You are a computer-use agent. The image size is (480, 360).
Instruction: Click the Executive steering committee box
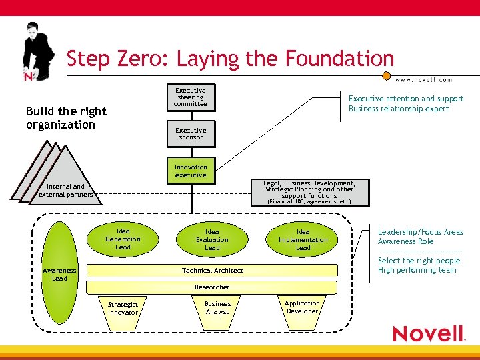click(191, 97)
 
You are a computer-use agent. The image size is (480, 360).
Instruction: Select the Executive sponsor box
click(191, 134)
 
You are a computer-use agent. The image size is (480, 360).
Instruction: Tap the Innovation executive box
click(191, 171)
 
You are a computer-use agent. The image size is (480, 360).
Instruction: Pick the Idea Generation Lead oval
click(123, 239)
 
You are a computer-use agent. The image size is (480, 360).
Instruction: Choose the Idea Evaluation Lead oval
click(212, 239)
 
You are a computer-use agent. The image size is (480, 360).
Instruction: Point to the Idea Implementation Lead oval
click(303, 239)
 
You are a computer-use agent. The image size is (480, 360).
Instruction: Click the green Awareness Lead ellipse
click(59, 273)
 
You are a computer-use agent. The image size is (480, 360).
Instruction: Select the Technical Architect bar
click(213, 271)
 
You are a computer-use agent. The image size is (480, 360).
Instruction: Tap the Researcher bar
click(212, 287)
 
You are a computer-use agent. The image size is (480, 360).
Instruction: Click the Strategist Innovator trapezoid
click(123, 309)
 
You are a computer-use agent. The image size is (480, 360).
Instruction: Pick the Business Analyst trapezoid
click(217, 308)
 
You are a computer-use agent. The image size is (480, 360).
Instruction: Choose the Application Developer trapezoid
click(303, 307)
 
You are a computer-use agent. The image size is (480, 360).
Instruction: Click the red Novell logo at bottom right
click(429, 333)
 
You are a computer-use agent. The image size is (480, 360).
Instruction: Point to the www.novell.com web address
click(424, 79)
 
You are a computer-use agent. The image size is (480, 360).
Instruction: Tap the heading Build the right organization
click(65, 118)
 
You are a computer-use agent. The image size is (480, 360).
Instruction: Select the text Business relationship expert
click(399, 109)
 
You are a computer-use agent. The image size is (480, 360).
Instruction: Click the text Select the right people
click(419, 261)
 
